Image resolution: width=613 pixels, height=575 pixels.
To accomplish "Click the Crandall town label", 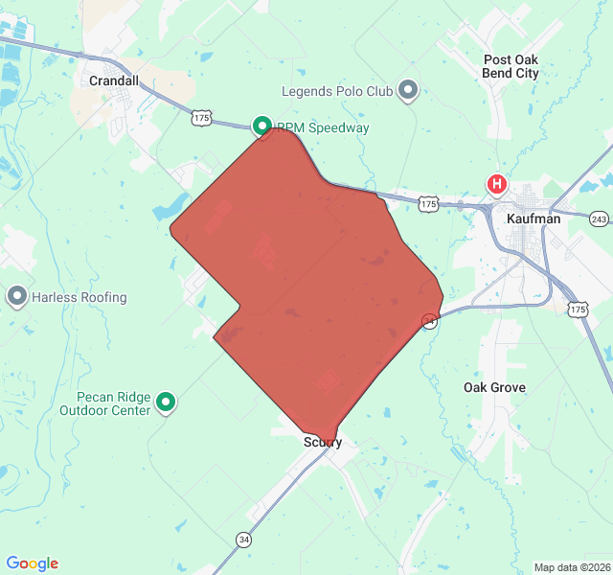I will click(115, 81).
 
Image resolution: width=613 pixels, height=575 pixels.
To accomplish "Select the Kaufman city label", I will click(533, 218).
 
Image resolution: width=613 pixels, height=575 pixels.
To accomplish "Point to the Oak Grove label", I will click(494, 387).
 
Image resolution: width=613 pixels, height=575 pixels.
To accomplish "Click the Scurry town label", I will click(323, 442).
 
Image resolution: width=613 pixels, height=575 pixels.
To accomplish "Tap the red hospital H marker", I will click(497, 184).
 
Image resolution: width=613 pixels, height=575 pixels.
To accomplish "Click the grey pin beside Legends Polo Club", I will click(409, 91).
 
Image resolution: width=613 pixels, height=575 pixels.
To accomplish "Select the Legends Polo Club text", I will click(337, 92).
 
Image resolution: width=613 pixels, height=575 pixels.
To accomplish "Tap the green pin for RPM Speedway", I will click(261, 126).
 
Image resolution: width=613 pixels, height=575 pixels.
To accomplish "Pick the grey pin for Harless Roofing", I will click(16, 297).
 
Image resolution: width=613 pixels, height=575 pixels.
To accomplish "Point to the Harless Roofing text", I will click(79, 298).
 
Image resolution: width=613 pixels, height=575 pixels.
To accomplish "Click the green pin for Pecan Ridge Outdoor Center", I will click(167, 402).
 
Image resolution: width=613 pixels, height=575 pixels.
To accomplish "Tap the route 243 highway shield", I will click(599, 219).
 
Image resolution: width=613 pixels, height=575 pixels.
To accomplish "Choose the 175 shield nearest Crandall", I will click(200, 117).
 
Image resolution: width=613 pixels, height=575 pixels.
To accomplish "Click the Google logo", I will click(32, 563).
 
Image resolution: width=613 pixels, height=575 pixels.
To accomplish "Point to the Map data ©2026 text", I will click(571, 567).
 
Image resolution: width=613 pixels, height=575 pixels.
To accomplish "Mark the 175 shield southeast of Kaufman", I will click(577, 309).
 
